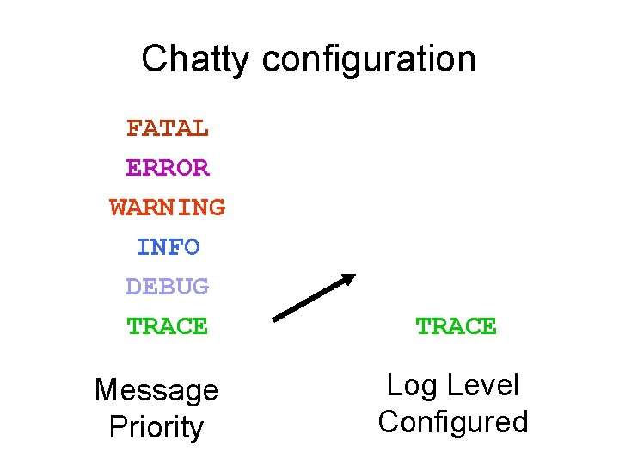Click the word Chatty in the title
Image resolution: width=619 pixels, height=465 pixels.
[196, 59]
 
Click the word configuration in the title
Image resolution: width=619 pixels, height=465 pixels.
[369, 60]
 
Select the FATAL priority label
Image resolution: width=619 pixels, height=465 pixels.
[168, 128]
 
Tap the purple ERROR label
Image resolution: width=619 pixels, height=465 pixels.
[168, 168]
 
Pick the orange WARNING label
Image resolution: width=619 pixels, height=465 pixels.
[168, 208]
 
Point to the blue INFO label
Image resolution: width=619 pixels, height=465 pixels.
[168, 247]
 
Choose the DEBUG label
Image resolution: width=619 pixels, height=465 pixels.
[168, 287]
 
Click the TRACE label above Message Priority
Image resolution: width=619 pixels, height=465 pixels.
[168, 326]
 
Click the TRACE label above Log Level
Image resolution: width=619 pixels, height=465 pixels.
[456, 326]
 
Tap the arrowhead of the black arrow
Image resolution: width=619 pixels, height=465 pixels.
[348, 279]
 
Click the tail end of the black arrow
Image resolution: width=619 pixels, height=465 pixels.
[275, 318]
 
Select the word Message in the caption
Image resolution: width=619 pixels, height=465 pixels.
[156, 390]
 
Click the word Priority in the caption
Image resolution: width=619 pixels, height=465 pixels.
[156, 427]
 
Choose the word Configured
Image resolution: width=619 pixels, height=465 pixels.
[453, 422]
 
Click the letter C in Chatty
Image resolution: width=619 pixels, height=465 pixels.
[153, 59]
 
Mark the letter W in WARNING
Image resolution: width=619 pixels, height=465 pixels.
[119, 208]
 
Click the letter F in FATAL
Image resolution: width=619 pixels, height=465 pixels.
[134, 128]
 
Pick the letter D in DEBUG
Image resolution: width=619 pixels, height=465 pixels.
[134, 287]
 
